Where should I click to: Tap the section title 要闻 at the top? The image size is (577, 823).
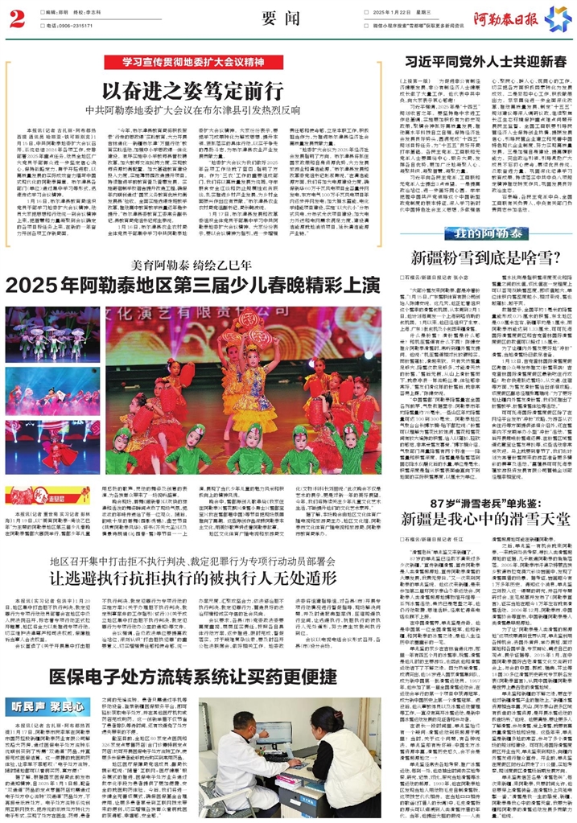(x=287, y=19)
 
